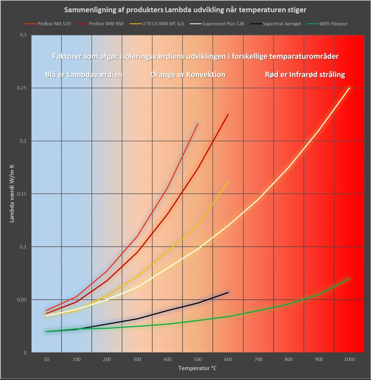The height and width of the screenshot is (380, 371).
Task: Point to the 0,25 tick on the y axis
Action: point(23,88)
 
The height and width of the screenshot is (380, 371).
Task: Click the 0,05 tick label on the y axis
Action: point(23,299)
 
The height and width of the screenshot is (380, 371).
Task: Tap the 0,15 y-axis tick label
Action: point(23,194)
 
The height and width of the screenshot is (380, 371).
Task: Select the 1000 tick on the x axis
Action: point(349,360)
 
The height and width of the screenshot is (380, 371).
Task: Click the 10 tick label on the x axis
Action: point(46,360)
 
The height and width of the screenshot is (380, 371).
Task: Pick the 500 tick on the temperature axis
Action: point(198,360)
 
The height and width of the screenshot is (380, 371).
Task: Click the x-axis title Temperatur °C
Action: point(197,368)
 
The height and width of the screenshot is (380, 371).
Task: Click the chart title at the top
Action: point(185,9)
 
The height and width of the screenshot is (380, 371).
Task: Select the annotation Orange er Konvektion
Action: point(188,75)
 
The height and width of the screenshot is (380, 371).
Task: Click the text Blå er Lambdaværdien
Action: point(84,75)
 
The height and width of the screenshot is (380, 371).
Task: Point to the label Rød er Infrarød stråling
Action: point(305,75)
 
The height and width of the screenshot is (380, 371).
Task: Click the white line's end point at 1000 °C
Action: point(349,88)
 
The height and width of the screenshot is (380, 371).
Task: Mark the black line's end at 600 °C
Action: point(228,292)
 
